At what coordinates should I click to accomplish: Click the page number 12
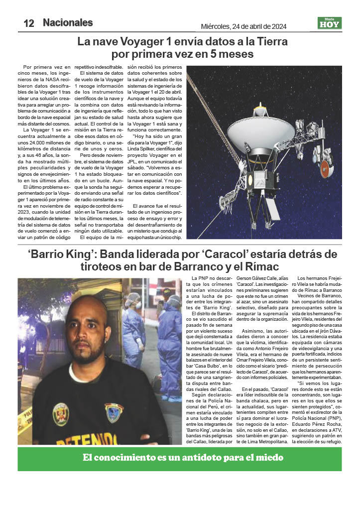[x=28, y=23]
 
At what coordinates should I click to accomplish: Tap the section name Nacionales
[x=68, y=22]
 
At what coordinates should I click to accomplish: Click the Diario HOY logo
[x=329, y=23]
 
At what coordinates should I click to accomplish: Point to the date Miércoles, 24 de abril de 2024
[x=243, y=26]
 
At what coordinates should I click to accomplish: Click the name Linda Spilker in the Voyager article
[x=146, y=149]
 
